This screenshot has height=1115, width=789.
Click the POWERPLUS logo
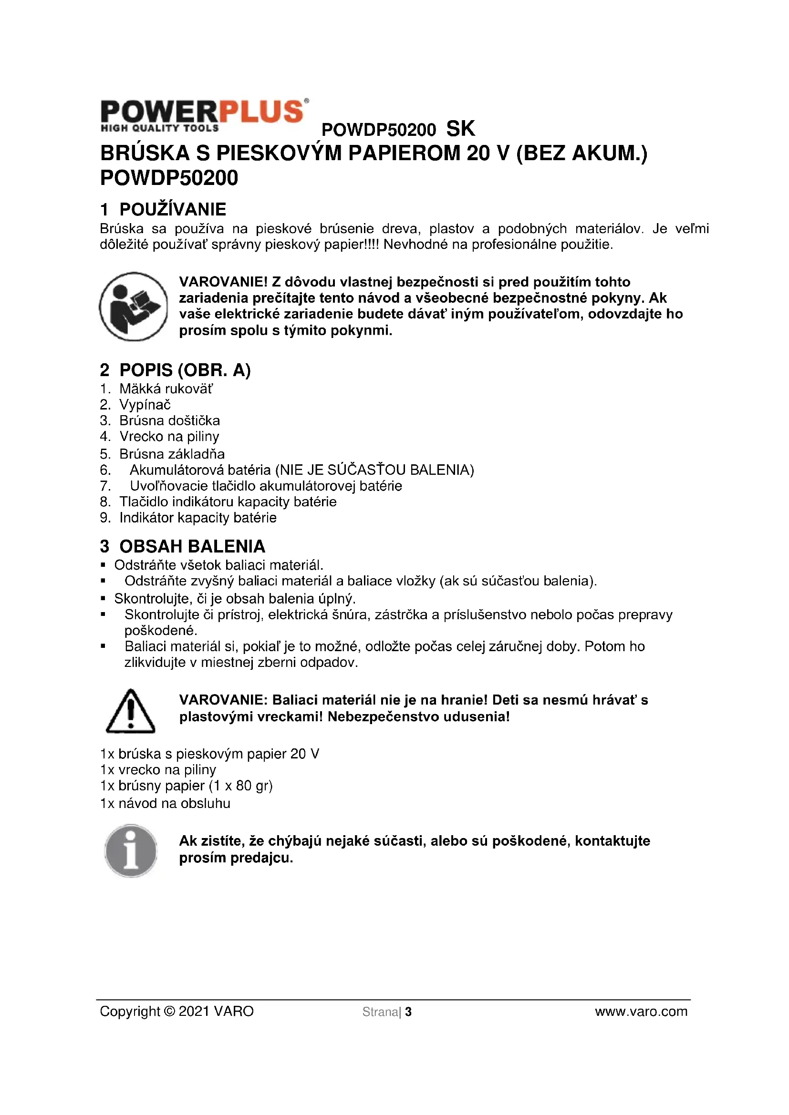(x=204, y=115)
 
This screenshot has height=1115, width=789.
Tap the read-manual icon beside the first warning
(x=133, y=307)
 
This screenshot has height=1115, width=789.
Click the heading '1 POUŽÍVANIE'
(x=163, y=209)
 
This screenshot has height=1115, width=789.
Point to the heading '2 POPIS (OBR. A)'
(x=176, y=370)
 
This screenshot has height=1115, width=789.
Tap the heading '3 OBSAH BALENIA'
(x=183, y=546)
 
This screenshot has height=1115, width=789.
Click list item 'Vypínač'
(x=145, y=405)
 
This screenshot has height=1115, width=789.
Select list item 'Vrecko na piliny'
(x=169, y=437)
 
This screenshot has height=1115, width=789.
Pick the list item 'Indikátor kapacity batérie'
(x=198, y=518)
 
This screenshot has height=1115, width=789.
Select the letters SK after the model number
(x=461, y=129)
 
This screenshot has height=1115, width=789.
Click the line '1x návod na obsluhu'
(x=165, y=803)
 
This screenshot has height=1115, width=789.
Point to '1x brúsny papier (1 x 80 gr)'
(x=187, y=786)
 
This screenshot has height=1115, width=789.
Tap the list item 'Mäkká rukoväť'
(x=166, y=389)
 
